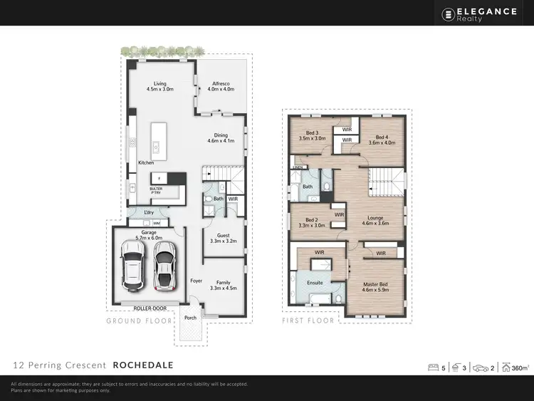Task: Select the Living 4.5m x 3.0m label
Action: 160,86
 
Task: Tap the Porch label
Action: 190,318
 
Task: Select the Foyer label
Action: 197,281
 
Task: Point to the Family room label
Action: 223,285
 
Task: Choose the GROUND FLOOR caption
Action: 139,321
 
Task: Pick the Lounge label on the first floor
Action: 375,221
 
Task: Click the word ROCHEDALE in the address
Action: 143,365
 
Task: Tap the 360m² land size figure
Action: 520,368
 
